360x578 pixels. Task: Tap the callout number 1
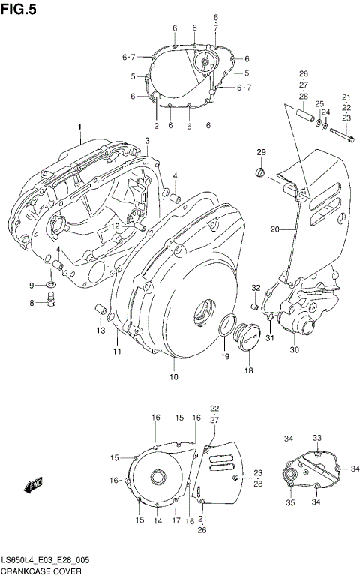point(79,128)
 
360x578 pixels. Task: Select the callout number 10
point(173,376)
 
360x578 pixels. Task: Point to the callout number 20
point(274,229)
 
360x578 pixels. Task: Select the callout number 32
point(255,287)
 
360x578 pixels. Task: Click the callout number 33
point(316,437)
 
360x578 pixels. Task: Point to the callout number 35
point(290,503)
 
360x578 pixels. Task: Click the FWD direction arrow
point(34,486)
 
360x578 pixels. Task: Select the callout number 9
point(32,285)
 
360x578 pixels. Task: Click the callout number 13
point(100,331)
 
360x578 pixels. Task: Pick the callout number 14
point(157,520)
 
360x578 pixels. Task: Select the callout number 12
point(116,226)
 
